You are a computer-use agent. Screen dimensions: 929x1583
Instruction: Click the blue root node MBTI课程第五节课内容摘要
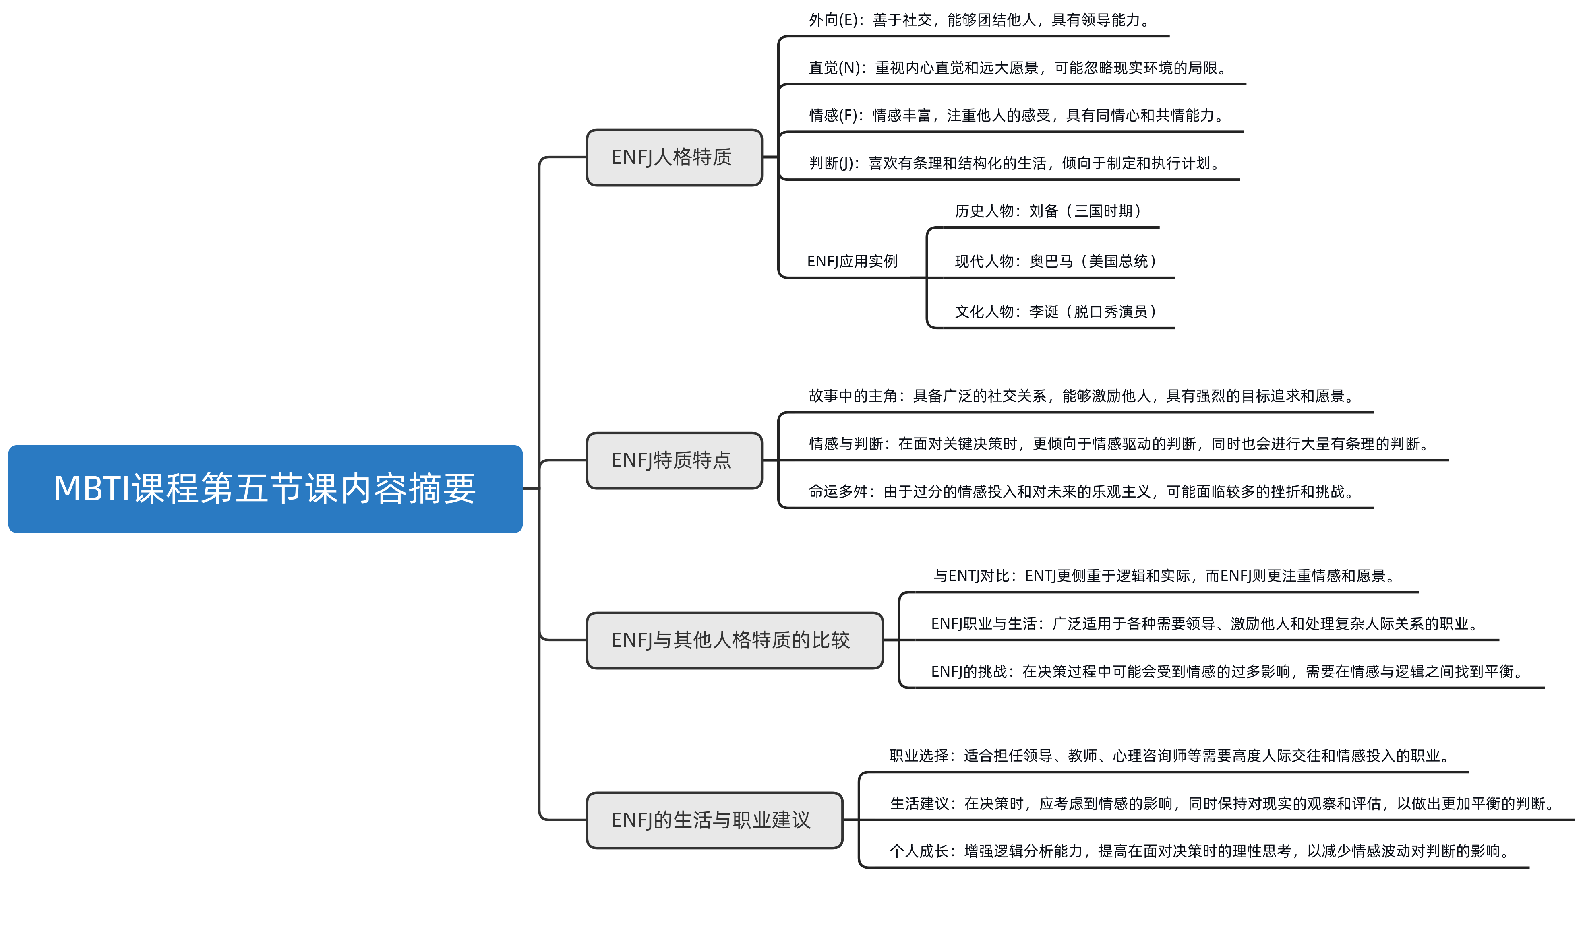pos(265,489)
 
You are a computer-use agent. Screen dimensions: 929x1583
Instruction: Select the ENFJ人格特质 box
pos(674,157)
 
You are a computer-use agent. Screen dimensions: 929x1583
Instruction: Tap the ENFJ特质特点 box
pos(674,461)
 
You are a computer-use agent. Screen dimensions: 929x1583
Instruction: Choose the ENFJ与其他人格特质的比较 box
pos(735,640)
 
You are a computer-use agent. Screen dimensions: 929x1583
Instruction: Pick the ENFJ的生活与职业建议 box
pos(714,820)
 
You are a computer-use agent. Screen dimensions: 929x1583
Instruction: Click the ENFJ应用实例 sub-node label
pos(852,261)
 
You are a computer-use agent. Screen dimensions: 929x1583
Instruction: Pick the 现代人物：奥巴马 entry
pos(1055,261)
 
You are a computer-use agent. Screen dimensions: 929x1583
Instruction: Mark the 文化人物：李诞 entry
pos(1055,311)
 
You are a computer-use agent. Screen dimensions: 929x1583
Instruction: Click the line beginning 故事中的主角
pos(1080,396)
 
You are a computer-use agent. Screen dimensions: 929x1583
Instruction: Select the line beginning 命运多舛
pos(1080,491)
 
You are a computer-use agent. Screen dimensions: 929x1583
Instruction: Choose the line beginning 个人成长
pos(1198,851)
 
